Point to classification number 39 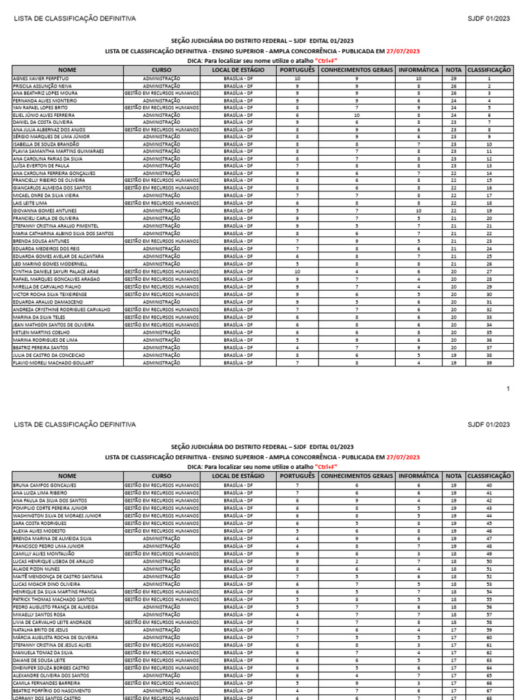(489, 363)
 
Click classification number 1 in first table (489, 79)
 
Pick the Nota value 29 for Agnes (453, 79)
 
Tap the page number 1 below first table (508, 389)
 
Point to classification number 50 (489, 561)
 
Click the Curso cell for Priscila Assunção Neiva (162, 87)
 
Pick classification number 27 (489, 271)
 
